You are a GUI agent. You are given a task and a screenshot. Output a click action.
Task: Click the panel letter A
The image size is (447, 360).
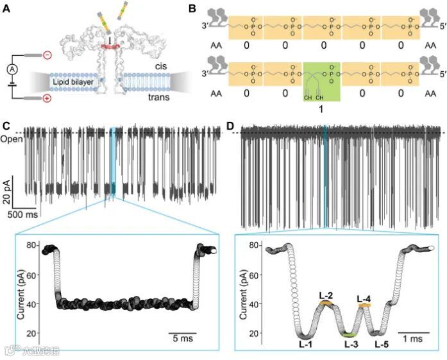[7, 8]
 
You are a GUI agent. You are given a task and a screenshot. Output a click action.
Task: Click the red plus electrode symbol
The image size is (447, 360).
[47, 99]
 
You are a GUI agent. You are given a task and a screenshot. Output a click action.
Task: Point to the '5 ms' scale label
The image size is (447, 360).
[182, 338]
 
